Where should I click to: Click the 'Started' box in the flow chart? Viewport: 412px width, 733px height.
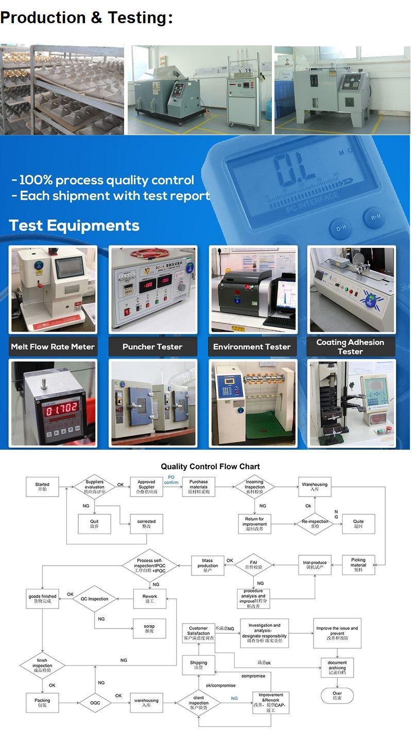click(42, 487)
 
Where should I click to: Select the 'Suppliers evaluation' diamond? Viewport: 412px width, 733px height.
click(94, 487)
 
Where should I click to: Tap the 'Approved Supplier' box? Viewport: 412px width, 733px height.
click(146, 487)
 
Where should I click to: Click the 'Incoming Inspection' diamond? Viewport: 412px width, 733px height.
click(254, 487)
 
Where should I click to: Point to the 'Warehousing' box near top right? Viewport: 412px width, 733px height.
click(314, 487)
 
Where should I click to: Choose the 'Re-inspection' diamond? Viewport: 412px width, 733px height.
click(315, 524)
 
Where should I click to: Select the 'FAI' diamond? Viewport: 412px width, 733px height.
click(253, 565)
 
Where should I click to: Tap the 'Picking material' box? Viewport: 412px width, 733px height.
click(358, 565)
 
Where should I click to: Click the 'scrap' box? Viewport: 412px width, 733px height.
click(149, 629)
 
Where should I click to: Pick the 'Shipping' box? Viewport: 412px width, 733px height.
click(198, 665)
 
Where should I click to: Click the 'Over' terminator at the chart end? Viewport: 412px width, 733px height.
click(337, 695)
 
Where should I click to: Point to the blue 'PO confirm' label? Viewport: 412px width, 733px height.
click(171, 480)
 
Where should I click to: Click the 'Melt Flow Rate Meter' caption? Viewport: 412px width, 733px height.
click(53, 347)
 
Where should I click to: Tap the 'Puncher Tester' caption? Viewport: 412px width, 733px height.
click(152, 347)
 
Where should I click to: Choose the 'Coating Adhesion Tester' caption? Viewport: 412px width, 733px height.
click(350, 347)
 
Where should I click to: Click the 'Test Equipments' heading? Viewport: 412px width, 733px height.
click(74, 226)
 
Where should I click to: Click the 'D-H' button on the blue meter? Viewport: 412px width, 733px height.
click(341, 228)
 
